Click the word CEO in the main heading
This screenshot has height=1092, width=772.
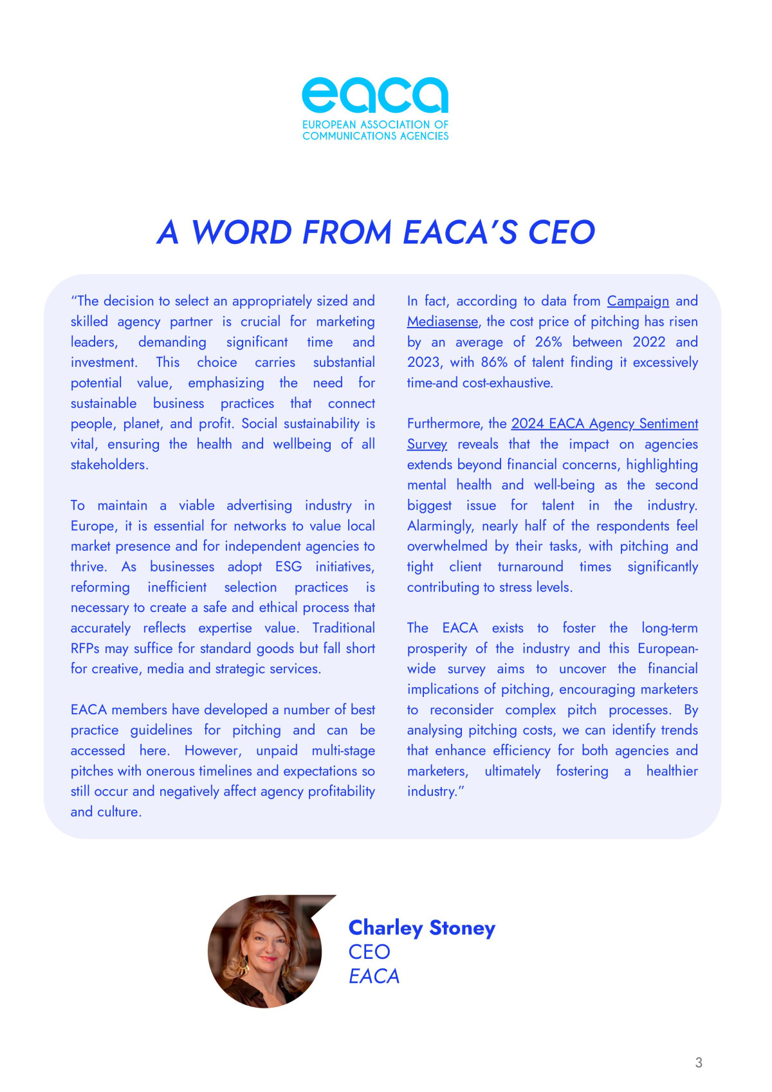click(561, 232)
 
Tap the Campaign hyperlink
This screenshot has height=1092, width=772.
click(638, 301)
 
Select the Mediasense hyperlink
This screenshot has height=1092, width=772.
click(443, 322)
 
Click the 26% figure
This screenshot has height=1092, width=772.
click(548, 342)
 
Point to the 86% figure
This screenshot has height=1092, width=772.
click(494, 362)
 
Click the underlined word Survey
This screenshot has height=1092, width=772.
click(427, 445)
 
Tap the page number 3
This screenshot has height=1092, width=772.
click(699, 1062)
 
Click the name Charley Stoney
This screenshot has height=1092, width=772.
click(421, 927)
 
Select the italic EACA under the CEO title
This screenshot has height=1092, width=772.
click(374, 976)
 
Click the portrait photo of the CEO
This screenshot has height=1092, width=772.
click(265, 951)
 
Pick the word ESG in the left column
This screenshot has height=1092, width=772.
click(288, 567)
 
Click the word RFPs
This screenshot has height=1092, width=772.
click(85, 649)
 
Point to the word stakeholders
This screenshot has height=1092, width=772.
click(109, 465)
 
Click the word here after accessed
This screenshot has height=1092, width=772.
click(154, 751)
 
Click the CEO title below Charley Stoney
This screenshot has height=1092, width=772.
click(369, 952)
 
